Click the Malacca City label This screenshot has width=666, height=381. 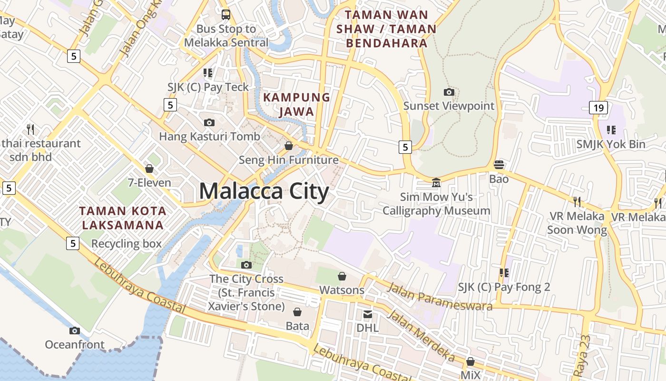point(264,191)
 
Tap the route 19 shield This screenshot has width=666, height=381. point(598,108)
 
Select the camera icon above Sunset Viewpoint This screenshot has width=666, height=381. point(449,92)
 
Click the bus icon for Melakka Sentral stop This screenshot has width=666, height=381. point(225,14)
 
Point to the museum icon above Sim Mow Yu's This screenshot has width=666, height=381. point(436,182)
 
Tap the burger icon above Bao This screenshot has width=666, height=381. point(499,165)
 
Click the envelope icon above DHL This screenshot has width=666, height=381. point(368,314)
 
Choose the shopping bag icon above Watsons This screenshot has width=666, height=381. point(342,276)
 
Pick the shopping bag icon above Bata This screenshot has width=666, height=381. point(297,312)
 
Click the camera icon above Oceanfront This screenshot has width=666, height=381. point(74,331)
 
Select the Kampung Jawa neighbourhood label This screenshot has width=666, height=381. point(296,104)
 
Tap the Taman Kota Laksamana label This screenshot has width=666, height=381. point(123,218)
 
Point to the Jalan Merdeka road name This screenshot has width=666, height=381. point(421,335)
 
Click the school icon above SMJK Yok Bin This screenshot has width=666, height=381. point(611,130)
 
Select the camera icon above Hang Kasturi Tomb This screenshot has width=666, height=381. point(209,122)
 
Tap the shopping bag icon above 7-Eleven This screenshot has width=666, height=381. point(149,169)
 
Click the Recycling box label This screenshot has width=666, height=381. point(127,244)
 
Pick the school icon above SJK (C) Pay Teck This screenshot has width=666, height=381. point(208,73)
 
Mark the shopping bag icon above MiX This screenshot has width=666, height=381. point(470,361)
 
